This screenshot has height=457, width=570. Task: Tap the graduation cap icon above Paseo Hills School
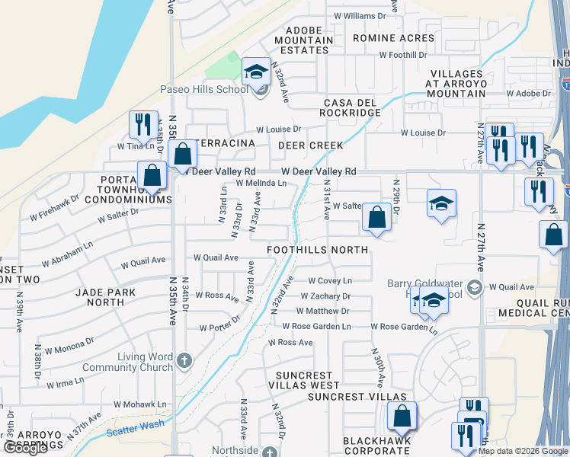(x=257, y=72)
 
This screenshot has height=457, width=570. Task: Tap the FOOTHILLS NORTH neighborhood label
(x=317, y=250)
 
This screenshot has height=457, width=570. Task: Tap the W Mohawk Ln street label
(x=140, y=404)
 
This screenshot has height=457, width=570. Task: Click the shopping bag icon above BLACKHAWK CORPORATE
(x=402, y=417)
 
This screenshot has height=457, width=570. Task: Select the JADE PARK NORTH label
(x=105, y=297)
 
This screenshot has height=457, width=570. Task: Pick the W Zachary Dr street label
(x=325, y=296)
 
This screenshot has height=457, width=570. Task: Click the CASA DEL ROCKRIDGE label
(x=352, y=107)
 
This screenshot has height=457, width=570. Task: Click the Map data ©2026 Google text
(x=523, y=451)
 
